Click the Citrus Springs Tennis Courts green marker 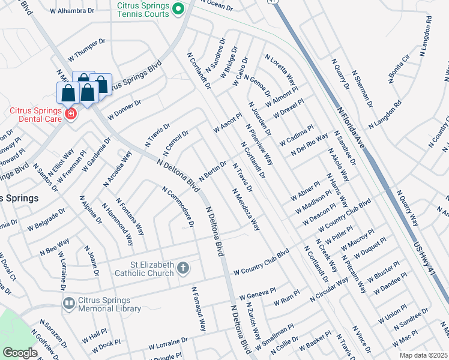click(178, 10)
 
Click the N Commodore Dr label click(178, 206)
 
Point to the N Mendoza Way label click(246, 210)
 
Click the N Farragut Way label click(199, 308)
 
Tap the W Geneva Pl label click(257, 296)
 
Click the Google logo click(20, 353)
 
